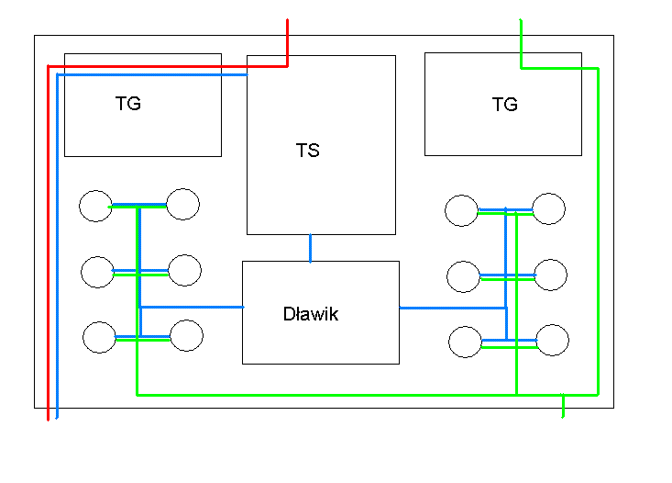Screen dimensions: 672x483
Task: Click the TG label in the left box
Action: point(128,104)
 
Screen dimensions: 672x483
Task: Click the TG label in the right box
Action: point(505,105)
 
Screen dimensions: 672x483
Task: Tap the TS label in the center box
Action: point(308,151)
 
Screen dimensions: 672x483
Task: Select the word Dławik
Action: point(311,314)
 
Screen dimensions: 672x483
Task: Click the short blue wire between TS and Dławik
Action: point(310,248)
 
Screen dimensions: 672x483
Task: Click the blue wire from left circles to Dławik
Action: point(192,307)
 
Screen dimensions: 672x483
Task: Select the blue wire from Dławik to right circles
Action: point(453,308)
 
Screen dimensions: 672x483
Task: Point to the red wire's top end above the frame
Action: point(288,19)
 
